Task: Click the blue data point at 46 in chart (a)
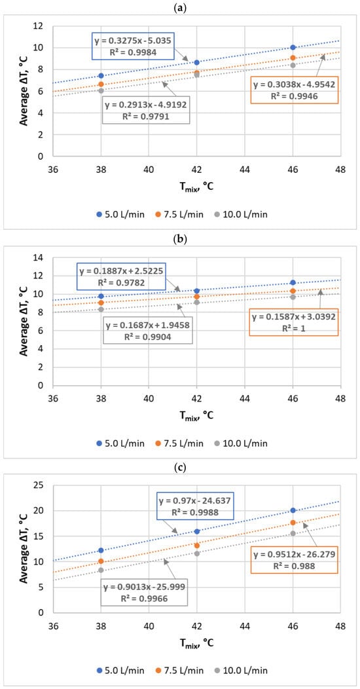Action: pyautogui.click(x=293, y=47)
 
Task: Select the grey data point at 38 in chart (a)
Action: pyautogui.click(x=101, y=90)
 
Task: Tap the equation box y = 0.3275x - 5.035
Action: pyautogui.click(x=134, y=46)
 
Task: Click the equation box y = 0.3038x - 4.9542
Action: pyautogui.click(x=294, y=90)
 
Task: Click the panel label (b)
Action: pyautogui.click(x=179, y=240)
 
